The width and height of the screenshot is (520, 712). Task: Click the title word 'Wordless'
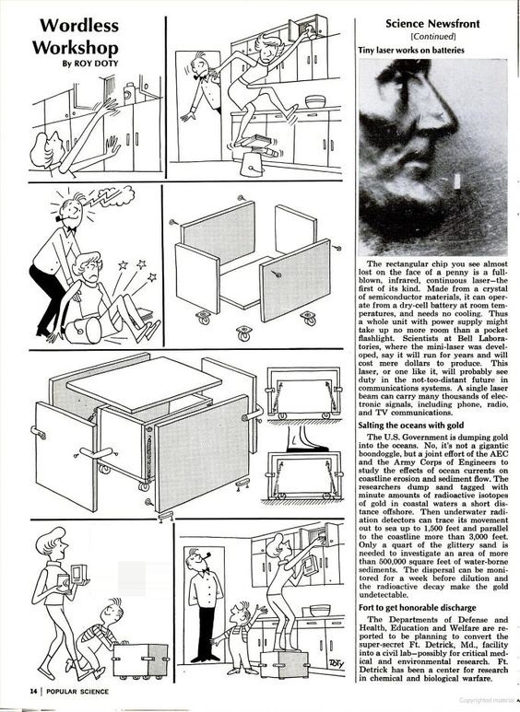pyautogui.click(x=79, y=25)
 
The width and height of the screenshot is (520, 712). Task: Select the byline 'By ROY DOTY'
pyautogui.click(x=89, y=64)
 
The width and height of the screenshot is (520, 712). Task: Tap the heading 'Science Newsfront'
pyautogui.click(x=432, y=24)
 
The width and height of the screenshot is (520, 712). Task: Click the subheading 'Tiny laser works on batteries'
pyautogui.click(x=411, y=50)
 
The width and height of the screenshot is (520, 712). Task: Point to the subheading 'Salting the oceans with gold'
pyautogui.click(x=411, y=426)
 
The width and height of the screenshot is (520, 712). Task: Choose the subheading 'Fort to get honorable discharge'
pyautogui.click(x=417, y=608)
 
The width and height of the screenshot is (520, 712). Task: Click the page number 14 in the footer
pyautogui.click(x=33, y=692)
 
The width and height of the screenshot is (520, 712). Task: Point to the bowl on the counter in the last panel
pyautogui.click(x=319, y=611)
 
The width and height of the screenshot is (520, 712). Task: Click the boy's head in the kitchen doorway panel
pyautogui.click(x=240, y=612)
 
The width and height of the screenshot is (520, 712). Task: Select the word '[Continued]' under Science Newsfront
pyautogui.click(x=432, y=36)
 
